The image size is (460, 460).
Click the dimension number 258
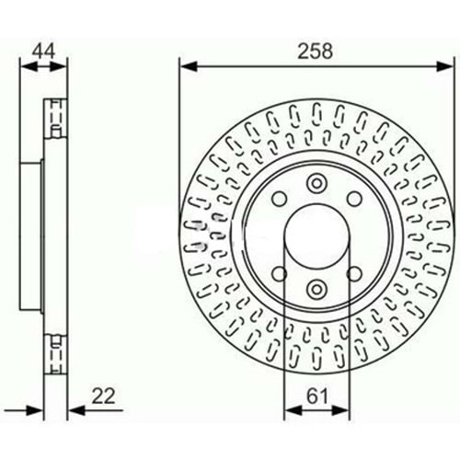pos(315,51)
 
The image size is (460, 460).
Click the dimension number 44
pos(44,51)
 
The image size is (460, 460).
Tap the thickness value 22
pos(103,397)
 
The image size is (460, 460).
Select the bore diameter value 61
pos(317,397)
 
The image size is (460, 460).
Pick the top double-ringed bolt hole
pos(316,183)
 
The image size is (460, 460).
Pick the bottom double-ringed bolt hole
pos(316,289)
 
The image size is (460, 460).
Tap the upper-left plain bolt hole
pos(280,199)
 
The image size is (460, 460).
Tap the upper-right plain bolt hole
pos(354,199)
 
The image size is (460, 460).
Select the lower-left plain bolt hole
pos(280,273)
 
